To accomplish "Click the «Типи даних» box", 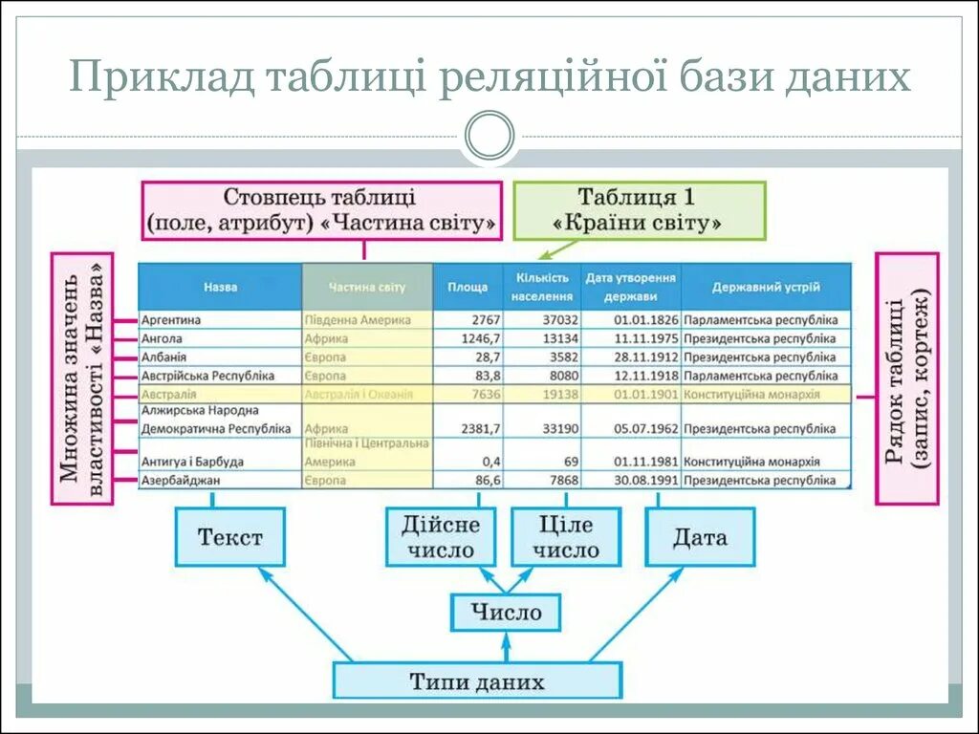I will pyautogui.click(x=477, y=681).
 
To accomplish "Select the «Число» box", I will pyautogui.click(x=506, y=612).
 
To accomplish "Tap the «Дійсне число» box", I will pyautogui.click(x=441, y=536).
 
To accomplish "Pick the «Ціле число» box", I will pyautogui.click(x=566, y=536).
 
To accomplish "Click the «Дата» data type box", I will pyautogui.click(x=700, y=536).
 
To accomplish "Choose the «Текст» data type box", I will pyautogui.click(x=229, y=536).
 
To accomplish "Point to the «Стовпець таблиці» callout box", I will pyautogui.click(x=321, y=210).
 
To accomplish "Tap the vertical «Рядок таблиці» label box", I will pyautogui.click(x=907, y=378).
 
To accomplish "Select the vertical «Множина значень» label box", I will pyautogui.click(x=82, y=378).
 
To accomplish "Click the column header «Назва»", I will pyautogui.click(x=220, y=287).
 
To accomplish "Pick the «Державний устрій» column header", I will pyautogui.click(x=766, y=287).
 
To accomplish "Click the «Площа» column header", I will pyautogui.click(x=468, y=287).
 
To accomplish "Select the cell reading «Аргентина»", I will pyautogui.click(x=171, y=320).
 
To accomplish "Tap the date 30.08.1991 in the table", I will pyautogui.click(x=646, y=480).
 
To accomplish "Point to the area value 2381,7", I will pyautogui.click(x=481, y=428).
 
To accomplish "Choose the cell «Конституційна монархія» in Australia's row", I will pyautogui.click(x=752, y=394).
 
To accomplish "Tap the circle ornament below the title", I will pyautogui.click(x=489, y=136).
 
